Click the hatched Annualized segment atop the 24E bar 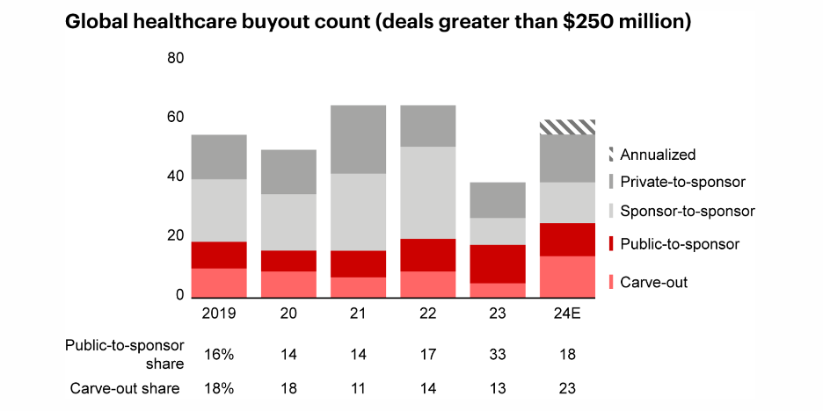point(568,127)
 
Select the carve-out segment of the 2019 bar point(219,283)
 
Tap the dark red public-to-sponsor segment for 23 point(499,263)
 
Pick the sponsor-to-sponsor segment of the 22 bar point(428,192)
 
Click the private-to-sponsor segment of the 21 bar point(359,140)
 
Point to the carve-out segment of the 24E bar point(568,277)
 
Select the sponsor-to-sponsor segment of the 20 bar point(288,222)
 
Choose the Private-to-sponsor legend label point(682,182)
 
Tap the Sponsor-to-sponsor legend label point(687,212)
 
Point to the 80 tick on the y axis point(175,59)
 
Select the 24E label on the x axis point(568,313)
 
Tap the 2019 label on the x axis point(219,313)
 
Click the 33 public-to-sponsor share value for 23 point(499,353)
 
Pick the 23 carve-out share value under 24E point(568,388)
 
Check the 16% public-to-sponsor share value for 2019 point(219,353)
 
